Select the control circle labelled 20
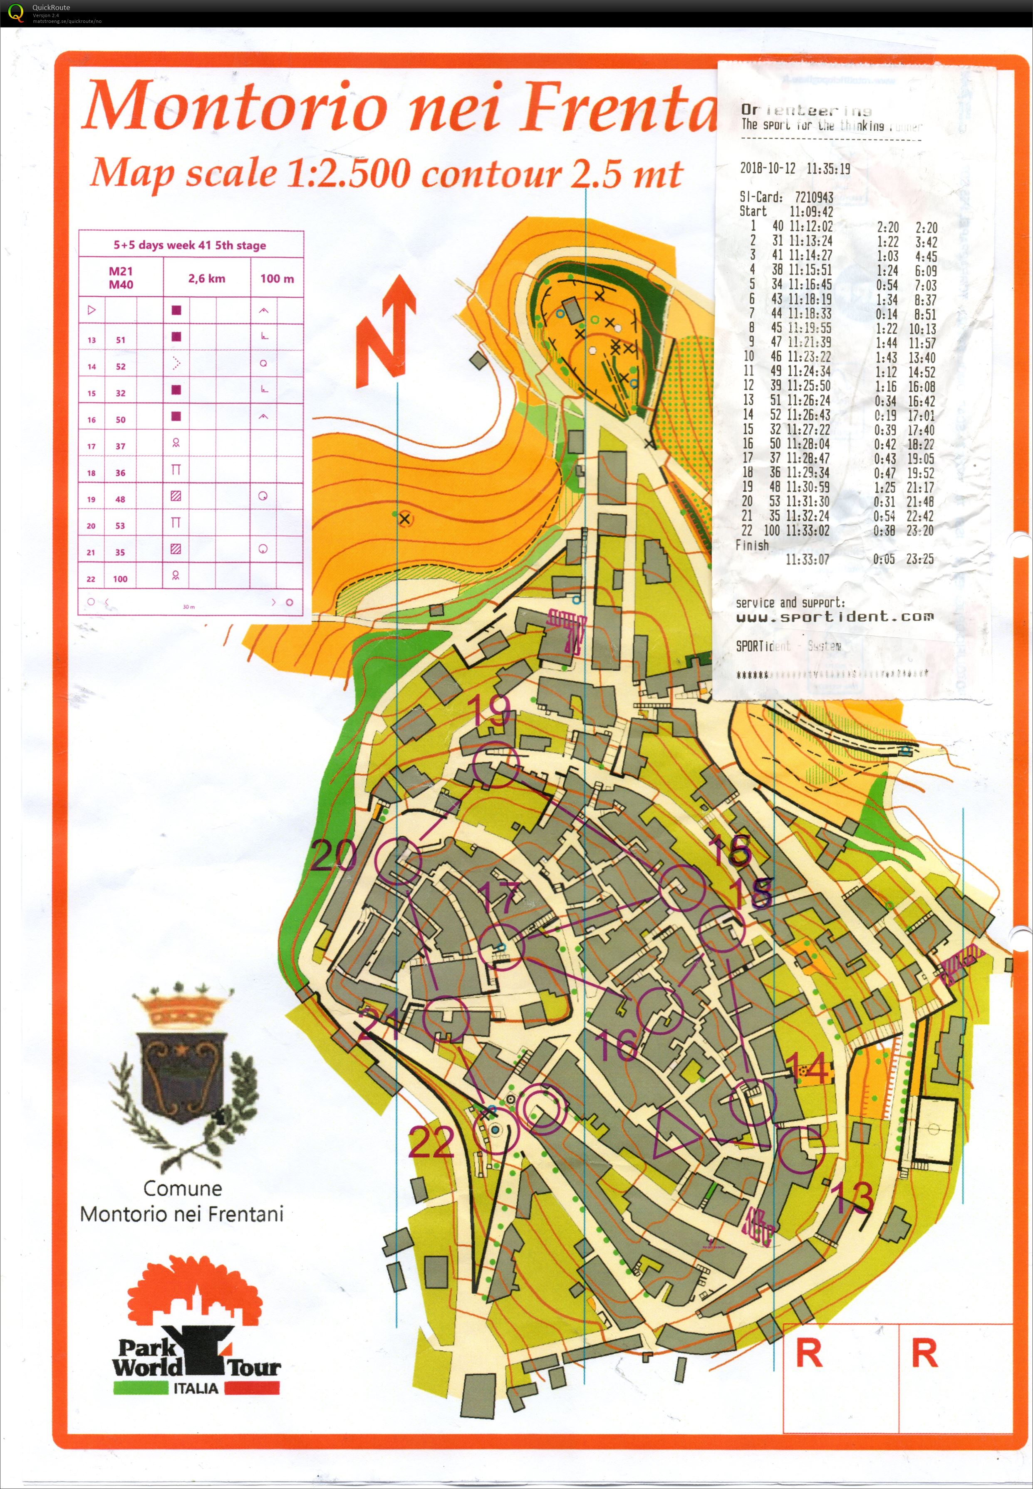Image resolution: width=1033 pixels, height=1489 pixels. (399, 861)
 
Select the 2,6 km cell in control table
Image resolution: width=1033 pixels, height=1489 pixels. (206, 279)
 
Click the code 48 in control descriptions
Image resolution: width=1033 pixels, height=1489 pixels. (120, 499)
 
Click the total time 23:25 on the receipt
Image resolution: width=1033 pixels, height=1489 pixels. (920, 559)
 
